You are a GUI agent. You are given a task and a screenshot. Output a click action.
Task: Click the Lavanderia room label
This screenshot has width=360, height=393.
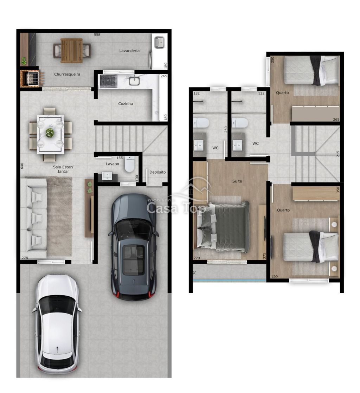pos(129,51)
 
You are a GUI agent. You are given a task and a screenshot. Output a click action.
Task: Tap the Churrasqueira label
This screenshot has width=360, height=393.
pos(67,74)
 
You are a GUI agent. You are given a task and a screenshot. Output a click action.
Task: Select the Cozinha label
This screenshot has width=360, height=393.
pos(126,103)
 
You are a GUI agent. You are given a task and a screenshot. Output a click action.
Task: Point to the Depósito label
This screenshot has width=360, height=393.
pos(157,172)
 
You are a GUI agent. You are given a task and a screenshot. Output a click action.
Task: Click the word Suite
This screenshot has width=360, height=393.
pos(237,181)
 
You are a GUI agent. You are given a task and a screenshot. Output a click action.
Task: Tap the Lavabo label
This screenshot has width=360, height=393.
pos(112,164)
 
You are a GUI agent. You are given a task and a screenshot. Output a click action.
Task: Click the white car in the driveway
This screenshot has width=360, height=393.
pos(57,324)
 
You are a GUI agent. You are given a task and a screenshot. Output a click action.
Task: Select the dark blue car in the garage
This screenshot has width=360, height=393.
pos(134,247)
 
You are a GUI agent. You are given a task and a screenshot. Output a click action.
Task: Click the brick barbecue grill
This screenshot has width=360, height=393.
pos(31,78)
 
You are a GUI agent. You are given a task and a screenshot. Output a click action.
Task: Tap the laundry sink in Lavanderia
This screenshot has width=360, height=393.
pos(159,42)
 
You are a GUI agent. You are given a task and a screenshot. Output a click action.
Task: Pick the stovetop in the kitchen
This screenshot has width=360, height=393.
pos(109,81)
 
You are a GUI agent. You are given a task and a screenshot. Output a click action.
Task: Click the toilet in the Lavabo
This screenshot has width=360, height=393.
pos(130,165)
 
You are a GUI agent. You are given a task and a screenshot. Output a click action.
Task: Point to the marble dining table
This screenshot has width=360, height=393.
pos(50,134)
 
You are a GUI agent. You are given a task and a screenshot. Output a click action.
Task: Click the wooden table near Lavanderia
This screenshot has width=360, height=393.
pos(72,51)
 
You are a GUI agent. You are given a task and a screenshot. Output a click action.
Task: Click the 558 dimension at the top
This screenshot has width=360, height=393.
pos(97,34)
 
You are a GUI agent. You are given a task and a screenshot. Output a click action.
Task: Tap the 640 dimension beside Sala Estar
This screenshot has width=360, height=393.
pos(22,166)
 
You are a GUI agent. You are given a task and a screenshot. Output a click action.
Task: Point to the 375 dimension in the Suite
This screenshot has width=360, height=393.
pos(264,256)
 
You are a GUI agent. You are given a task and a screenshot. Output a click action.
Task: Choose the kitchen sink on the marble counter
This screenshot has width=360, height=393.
pos(134,81)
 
